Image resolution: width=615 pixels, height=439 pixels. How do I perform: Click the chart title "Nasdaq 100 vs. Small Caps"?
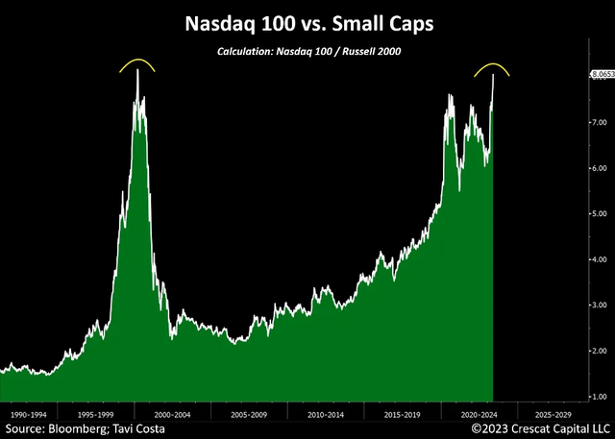point(307,21)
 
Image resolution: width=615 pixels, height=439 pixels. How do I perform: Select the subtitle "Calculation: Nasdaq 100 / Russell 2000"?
point(307,51)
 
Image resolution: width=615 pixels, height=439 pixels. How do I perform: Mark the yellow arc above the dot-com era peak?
point(137,63)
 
